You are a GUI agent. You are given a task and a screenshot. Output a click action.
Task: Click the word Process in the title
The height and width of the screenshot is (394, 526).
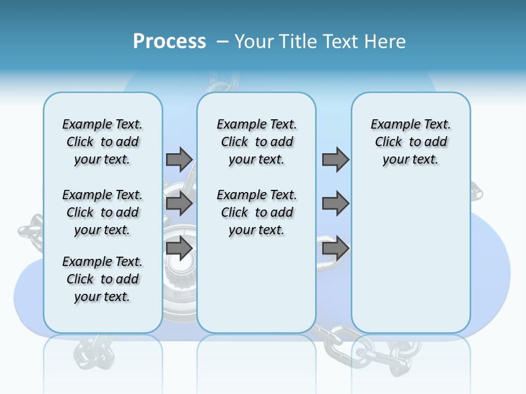(169, 42)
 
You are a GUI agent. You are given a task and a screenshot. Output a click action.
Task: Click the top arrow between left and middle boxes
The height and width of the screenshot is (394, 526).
(179, 159)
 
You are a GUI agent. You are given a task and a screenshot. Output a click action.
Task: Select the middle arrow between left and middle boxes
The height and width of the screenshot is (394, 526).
(179, 204)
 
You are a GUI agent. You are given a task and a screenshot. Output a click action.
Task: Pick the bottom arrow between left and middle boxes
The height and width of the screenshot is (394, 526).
(179, 248)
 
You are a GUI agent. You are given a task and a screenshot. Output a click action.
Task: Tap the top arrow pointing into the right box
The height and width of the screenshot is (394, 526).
(335, 159)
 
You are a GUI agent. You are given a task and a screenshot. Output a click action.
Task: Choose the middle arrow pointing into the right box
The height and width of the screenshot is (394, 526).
(335, 204)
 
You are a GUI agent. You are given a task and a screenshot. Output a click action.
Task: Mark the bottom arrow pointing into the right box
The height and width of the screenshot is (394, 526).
(335, 248)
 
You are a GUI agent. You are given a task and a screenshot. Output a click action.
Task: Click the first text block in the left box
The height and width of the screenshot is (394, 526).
(102, 142)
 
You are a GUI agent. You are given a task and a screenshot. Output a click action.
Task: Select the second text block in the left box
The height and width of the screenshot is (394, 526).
(102, 212)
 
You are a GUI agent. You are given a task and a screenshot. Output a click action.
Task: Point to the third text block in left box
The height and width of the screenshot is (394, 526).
(102, 279)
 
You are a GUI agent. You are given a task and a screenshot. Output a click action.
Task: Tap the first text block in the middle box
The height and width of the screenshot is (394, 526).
(256, 142)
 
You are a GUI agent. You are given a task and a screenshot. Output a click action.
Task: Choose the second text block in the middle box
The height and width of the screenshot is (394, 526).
(256, 212)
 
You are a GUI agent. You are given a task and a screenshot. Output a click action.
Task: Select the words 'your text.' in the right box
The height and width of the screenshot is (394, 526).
(410, 160)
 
